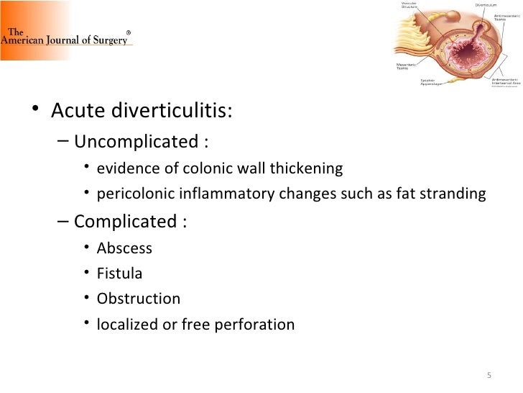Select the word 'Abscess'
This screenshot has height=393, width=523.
click(x=124, y=248)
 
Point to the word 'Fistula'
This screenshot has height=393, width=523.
click(x=119, y=274)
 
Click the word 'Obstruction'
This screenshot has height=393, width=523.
click(x=138, y=299)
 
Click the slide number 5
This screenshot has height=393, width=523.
click(x=489, y=375)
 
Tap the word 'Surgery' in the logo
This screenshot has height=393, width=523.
click(x=110, y=40)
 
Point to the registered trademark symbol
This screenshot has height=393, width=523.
click(x=129, y=32)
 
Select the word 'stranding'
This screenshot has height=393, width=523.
click(x=455, y=195)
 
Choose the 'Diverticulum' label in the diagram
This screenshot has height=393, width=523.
click(x=486, y=5)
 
